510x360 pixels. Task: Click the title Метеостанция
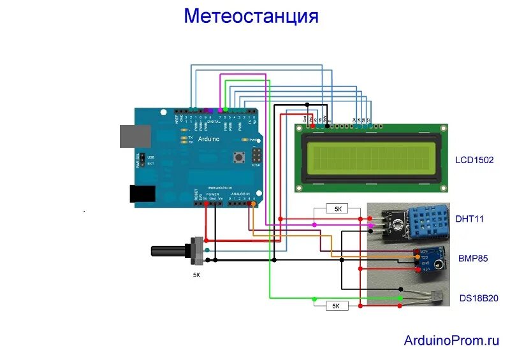[251, 16]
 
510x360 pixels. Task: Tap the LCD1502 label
[474, 160]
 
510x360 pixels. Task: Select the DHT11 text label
[470, 219]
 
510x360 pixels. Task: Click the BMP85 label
[472, 259]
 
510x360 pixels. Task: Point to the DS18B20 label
[479, 298]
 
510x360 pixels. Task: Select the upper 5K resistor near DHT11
[337, 209]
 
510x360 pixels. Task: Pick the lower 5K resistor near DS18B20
[336, 306]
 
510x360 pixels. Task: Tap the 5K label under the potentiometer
[196, 275]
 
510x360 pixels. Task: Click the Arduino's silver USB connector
[135, 136]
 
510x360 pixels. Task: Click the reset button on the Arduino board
[240, 156]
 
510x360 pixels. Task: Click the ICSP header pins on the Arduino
[256, 156]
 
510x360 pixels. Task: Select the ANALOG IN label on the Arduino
[241, 194]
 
